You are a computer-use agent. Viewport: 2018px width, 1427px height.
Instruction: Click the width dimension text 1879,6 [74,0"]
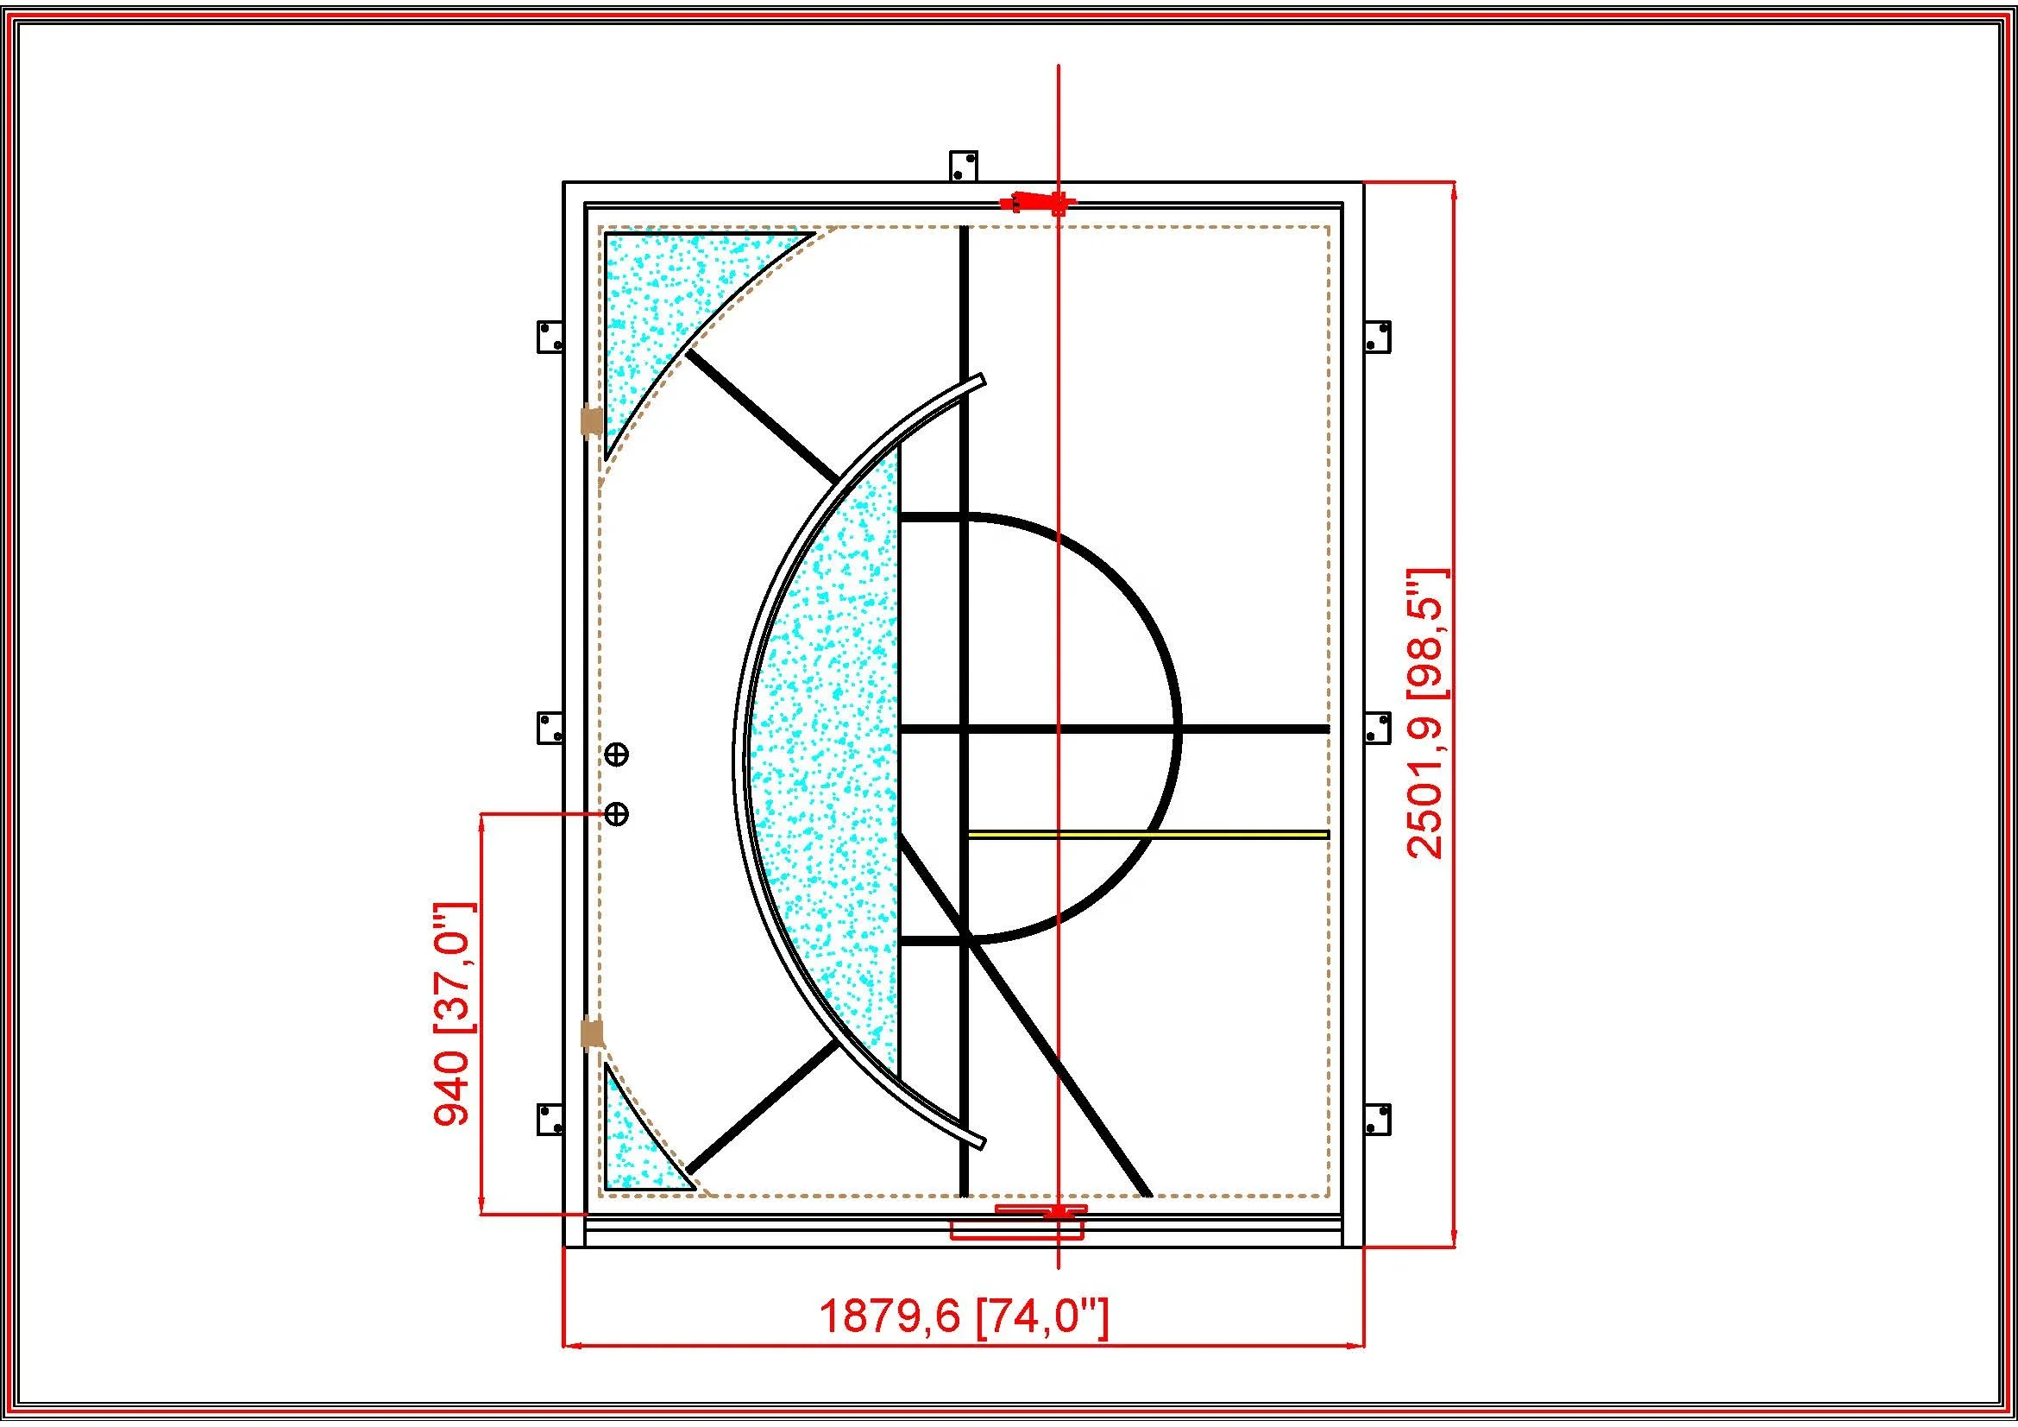pos(964,1342)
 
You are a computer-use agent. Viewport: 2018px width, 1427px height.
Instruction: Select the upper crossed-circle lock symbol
pos(617,754)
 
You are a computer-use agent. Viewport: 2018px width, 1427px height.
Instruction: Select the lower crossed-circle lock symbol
pos(617,814)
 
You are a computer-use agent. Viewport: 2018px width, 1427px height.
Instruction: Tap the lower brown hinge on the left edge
pos(593,1032)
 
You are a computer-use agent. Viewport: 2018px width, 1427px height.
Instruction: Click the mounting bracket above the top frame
pos(964,166)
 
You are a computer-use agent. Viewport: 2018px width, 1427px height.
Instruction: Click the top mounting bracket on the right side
pos(1377,336)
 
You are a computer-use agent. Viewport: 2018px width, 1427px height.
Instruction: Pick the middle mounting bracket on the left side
pos(550,728)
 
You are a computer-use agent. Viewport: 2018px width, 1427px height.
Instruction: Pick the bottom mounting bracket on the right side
pos(1377,1120)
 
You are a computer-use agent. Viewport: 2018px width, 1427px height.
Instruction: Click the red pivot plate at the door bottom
pos(1040,1210)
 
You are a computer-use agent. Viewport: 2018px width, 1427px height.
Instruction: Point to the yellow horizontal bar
pos(1147,834)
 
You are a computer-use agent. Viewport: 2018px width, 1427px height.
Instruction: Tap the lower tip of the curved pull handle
pos(980,1143)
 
